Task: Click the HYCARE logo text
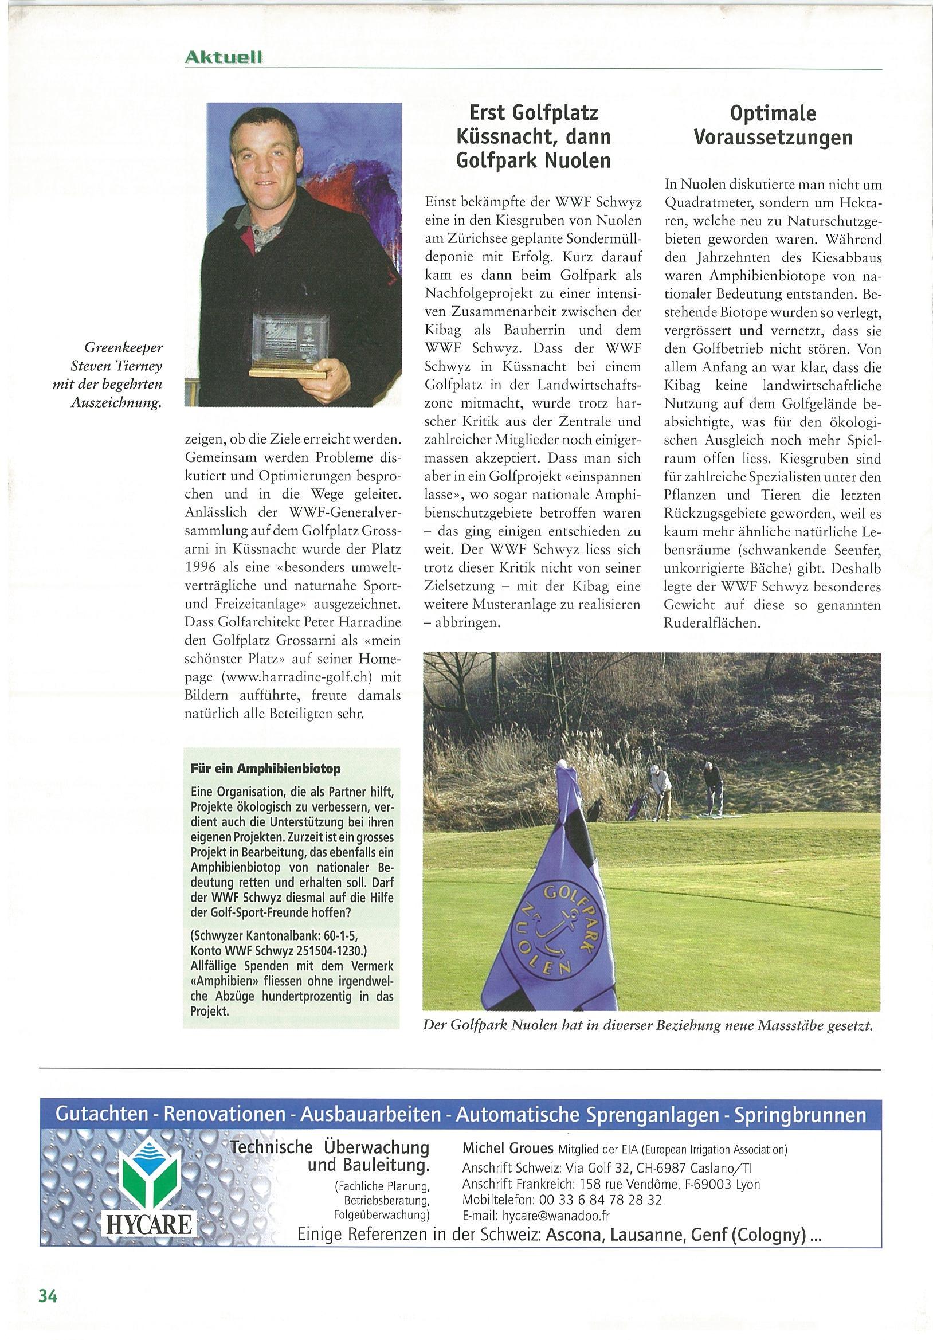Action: (x=150, y=1224)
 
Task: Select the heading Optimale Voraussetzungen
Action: (x=773, y=126)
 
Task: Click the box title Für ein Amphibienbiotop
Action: (x=265, y=769)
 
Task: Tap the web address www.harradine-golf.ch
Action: (x=297, y=677)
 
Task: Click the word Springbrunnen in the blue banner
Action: (x=800, y=1115)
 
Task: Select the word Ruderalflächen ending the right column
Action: (x=712, y=623)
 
